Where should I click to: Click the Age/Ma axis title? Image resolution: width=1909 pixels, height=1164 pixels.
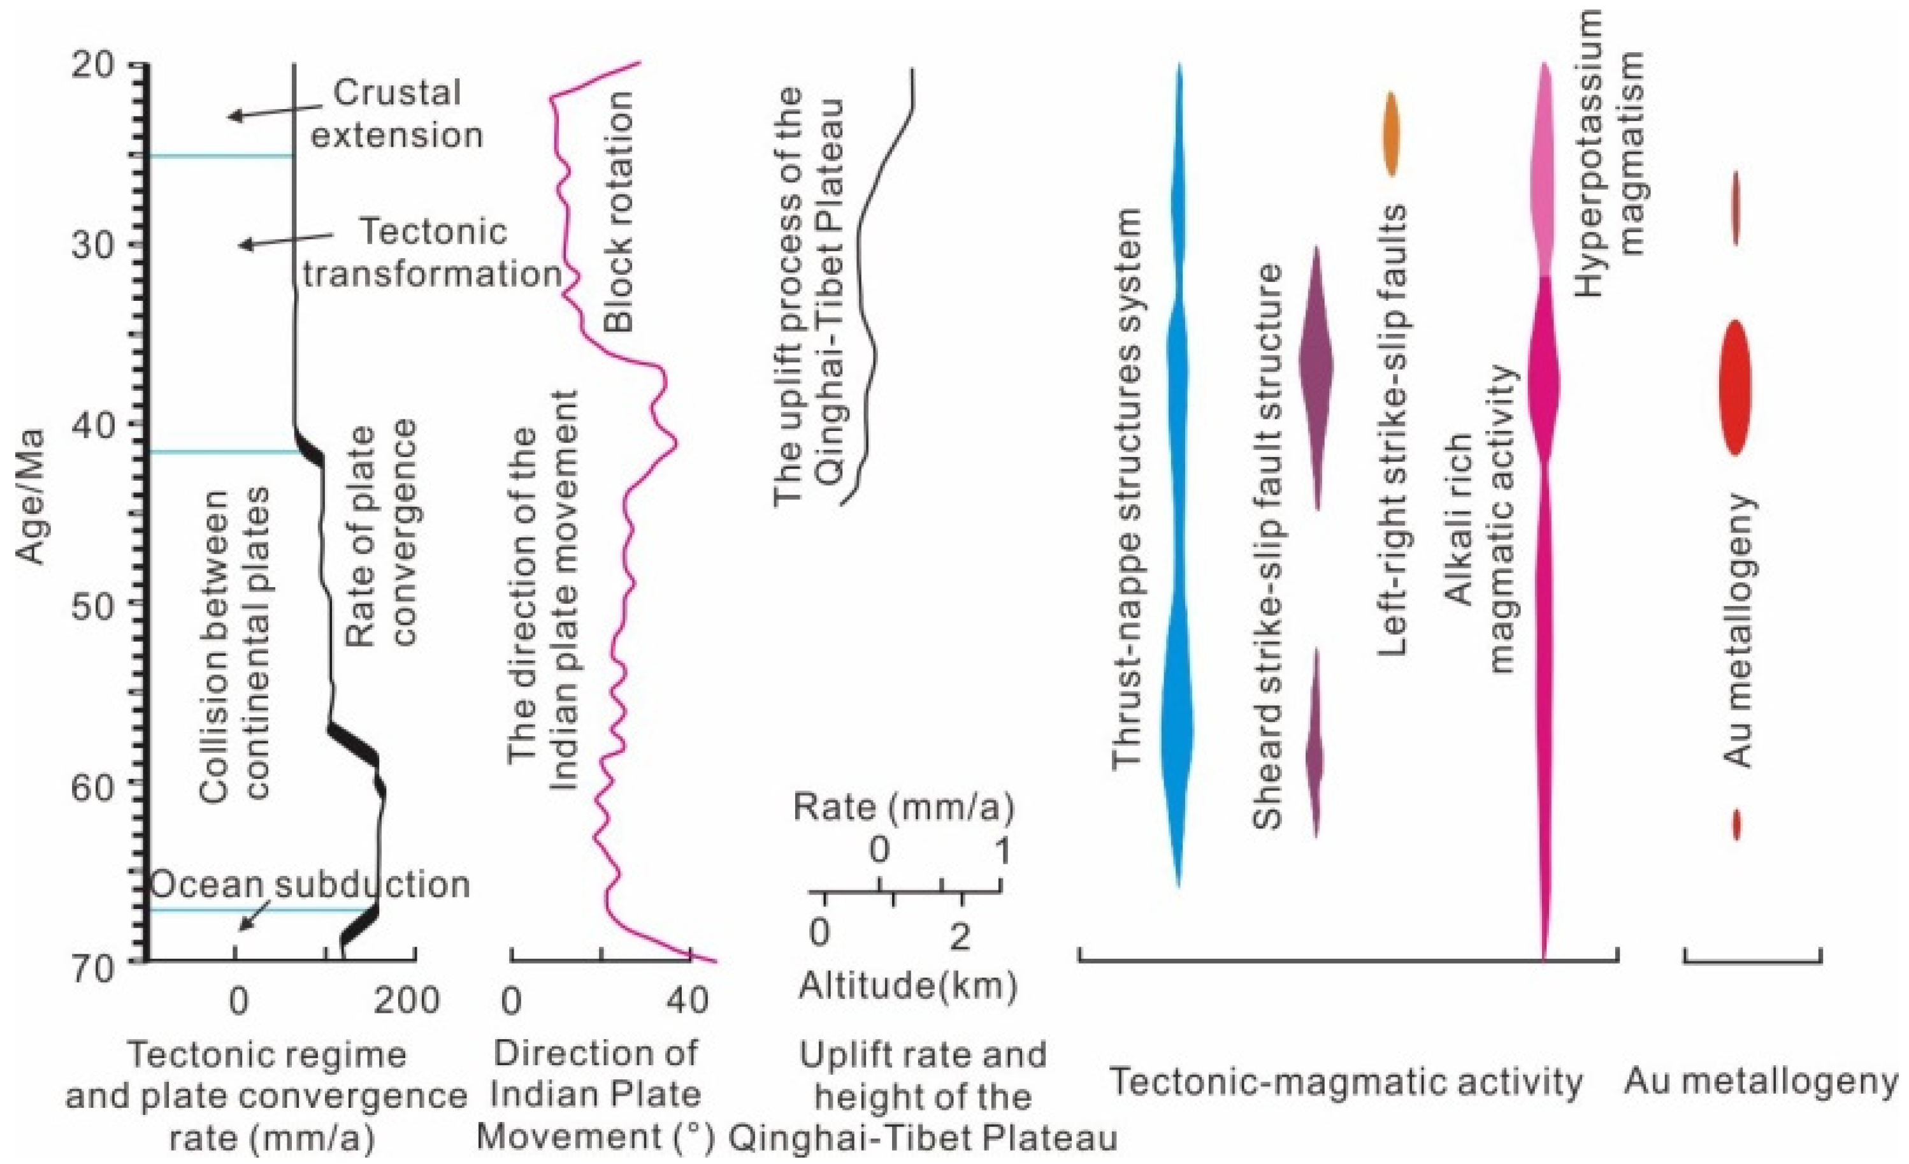(31, 496)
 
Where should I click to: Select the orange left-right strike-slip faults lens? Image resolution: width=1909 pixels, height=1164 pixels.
(1391, 134)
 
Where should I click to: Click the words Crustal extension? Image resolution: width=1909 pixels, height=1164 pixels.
(397, 114)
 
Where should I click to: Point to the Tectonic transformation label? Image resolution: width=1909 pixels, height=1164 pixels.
(432, 252)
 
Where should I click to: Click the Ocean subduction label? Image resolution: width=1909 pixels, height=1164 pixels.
(310, 884)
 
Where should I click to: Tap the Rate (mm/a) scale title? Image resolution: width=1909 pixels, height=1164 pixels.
(903, 808)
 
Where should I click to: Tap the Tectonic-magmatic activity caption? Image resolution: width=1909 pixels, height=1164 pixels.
(1346, 1081)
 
